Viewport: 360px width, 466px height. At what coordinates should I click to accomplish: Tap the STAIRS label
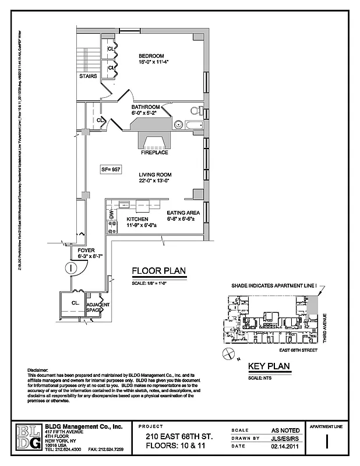coord(88,76)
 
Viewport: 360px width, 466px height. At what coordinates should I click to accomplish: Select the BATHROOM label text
coord(146,107)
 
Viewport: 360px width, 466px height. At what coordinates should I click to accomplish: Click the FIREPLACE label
coord(154,153)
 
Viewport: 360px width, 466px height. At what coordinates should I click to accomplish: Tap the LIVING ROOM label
coord(154,175)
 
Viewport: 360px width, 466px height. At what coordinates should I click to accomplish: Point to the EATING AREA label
coord(183,213)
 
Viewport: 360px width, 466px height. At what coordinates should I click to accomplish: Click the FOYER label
coord(86,250)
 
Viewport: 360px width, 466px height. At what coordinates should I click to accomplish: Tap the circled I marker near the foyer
coord(70,268)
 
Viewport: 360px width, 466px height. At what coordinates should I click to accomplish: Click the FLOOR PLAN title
coord(155,271)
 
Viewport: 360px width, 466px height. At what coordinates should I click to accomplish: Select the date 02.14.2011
coord(283,447)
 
